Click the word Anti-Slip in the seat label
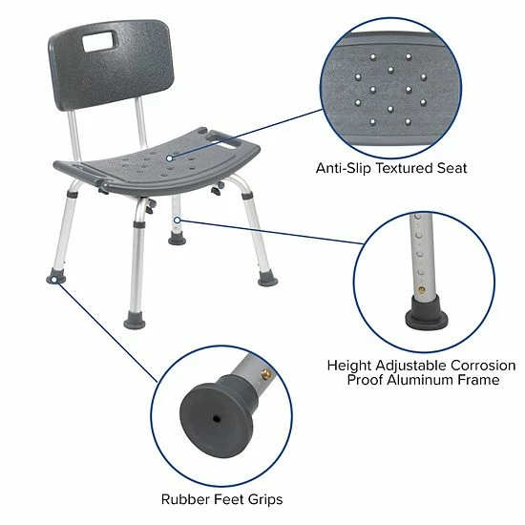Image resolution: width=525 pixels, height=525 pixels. [x=346, y=168]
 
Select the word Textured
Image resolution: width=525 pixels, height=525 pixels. [x=405, y=168]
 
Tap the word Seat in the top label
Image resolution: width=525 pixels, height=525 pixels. [x=451, y=168]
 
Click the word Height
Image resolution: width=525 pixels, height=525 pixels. [x=348, y=366]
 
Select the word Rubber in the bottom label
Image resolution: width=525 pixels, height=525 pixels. [x=181, y=499]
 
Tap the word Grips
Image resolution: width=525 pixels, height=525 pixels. [x=263, y=499]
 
